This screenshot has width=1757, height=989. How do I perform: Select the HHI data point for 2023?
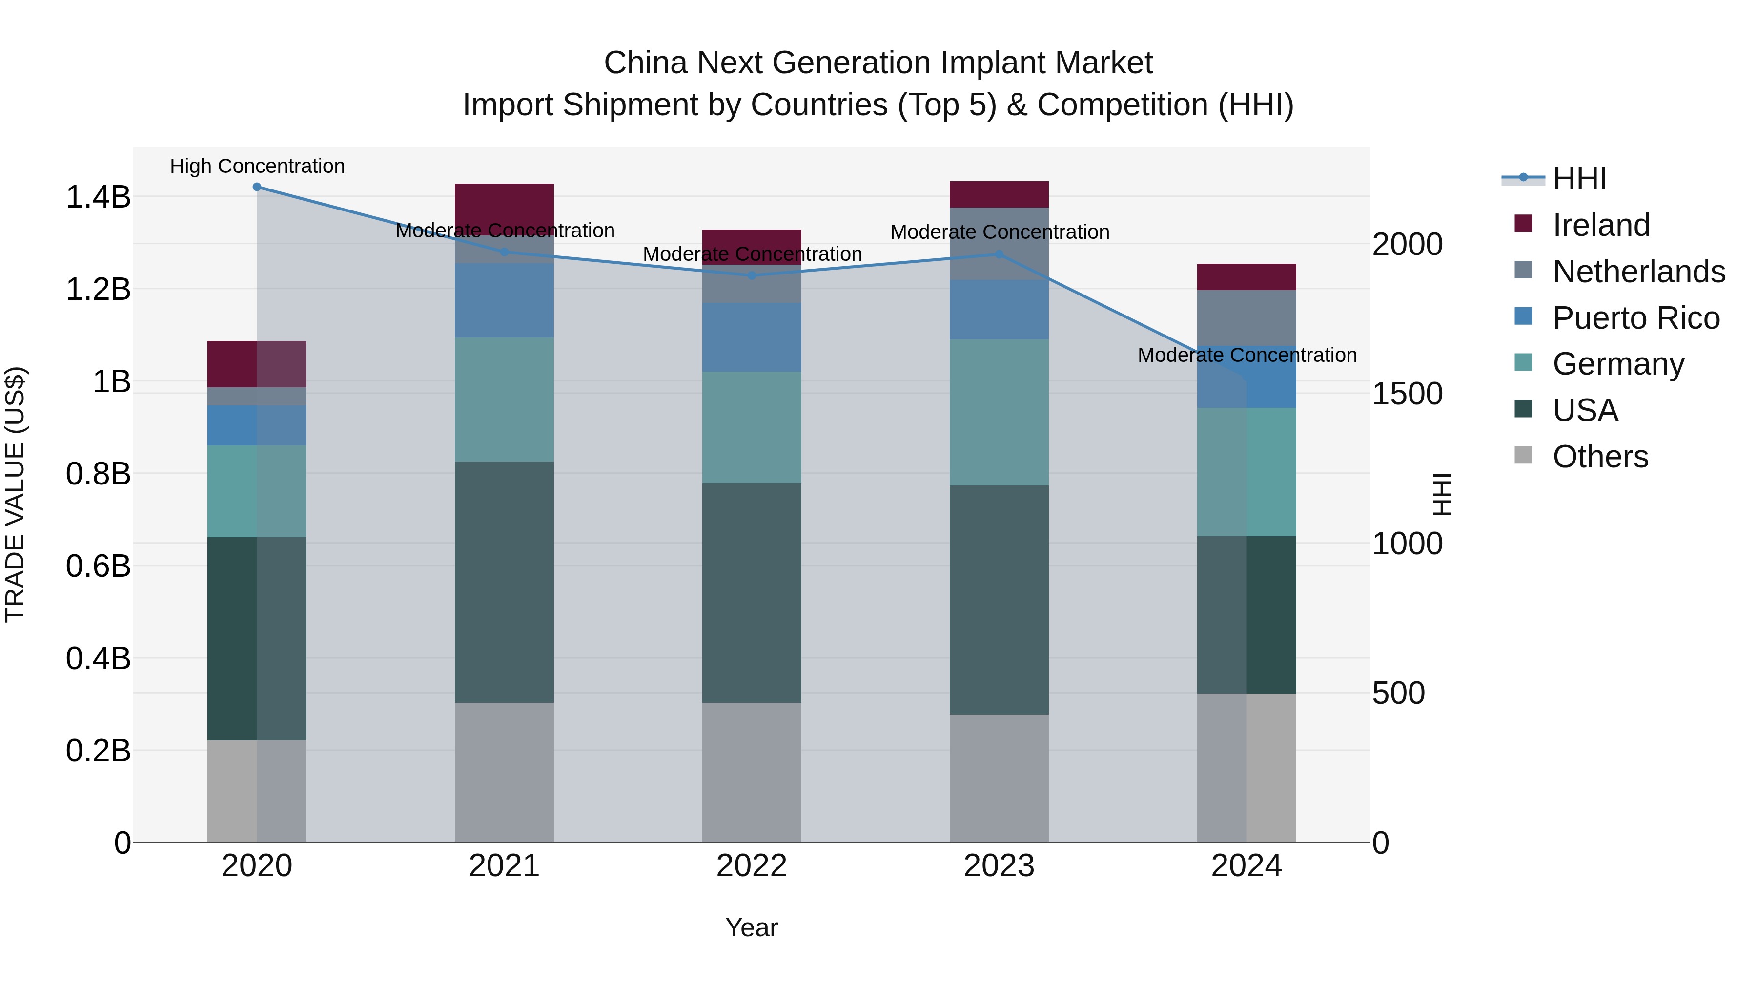[x=999, y=254]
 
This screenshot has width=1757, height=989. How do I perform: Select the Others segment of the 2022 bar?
[x=752, y=773]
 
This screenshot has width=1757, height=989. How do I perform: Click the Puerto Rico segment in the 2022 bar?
[x=752, y=337]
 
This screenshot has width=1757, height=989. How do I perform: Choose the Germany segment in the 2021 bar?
[x=504, y=400]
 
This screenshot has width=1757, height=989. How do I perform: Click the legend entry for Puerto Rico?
[x=1635, y=318]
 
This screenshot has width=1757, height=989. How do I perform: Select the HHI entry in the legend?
[x=1579, y=179]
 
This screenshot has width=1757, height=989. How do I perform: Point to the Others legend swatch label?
[x=1599, y=457]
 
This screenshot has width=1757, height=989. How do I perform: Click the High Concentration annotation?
[x=257, y=167]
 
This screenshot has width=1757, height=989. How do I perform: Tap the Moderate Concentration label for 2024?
[x=1247, y=355]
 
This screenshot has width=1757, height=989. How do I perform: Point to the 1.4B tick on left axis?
[x=98, y=197]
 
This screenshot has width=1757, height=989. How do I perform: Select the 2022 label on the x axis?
[x=752, y=866]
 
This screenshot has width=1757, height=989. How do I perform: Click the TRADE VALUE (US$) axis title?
[x=15, y=494]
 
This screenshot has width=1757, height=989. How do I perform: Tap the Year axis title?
[x=752, y=927]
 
